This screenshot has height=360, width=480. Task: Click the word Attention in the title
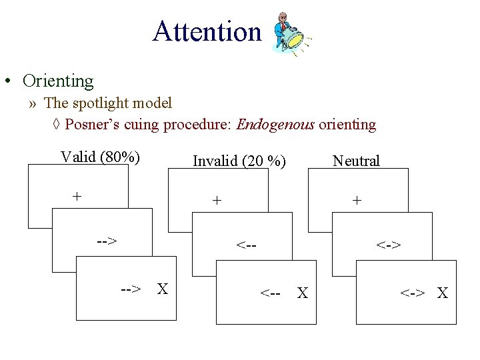click(207, 31)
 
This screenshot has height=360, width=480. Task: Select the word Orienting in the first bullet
click(58, 81)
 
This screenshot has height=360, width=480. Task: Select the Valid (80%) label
click(100, 157)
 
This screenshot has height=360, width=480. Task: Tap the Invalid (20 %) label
click(239, 161)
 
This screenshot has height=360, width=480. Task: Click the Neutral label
click(356, 161)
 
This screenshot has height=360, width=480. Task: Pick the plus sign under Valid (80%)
click(77, 196)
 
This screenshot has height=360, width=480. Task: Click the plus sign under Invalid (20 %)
click(216, 199)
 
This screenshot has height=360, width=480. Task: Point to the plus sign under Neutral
click(357, 199)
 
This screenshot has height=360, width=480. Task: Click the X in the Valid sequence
click(162, 289)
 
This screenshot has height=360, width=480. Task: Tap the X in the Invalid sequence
click(302, 293)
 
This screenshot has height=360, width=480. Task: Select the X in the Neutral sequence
click(442, 293)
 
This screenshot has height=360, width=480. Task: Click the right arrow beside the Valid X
click(131, 289)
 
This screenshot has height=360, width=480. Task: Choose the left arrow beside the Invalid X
click(270, 293)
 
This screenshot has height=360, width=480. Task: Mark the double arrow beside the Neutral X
click(412, 293)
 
